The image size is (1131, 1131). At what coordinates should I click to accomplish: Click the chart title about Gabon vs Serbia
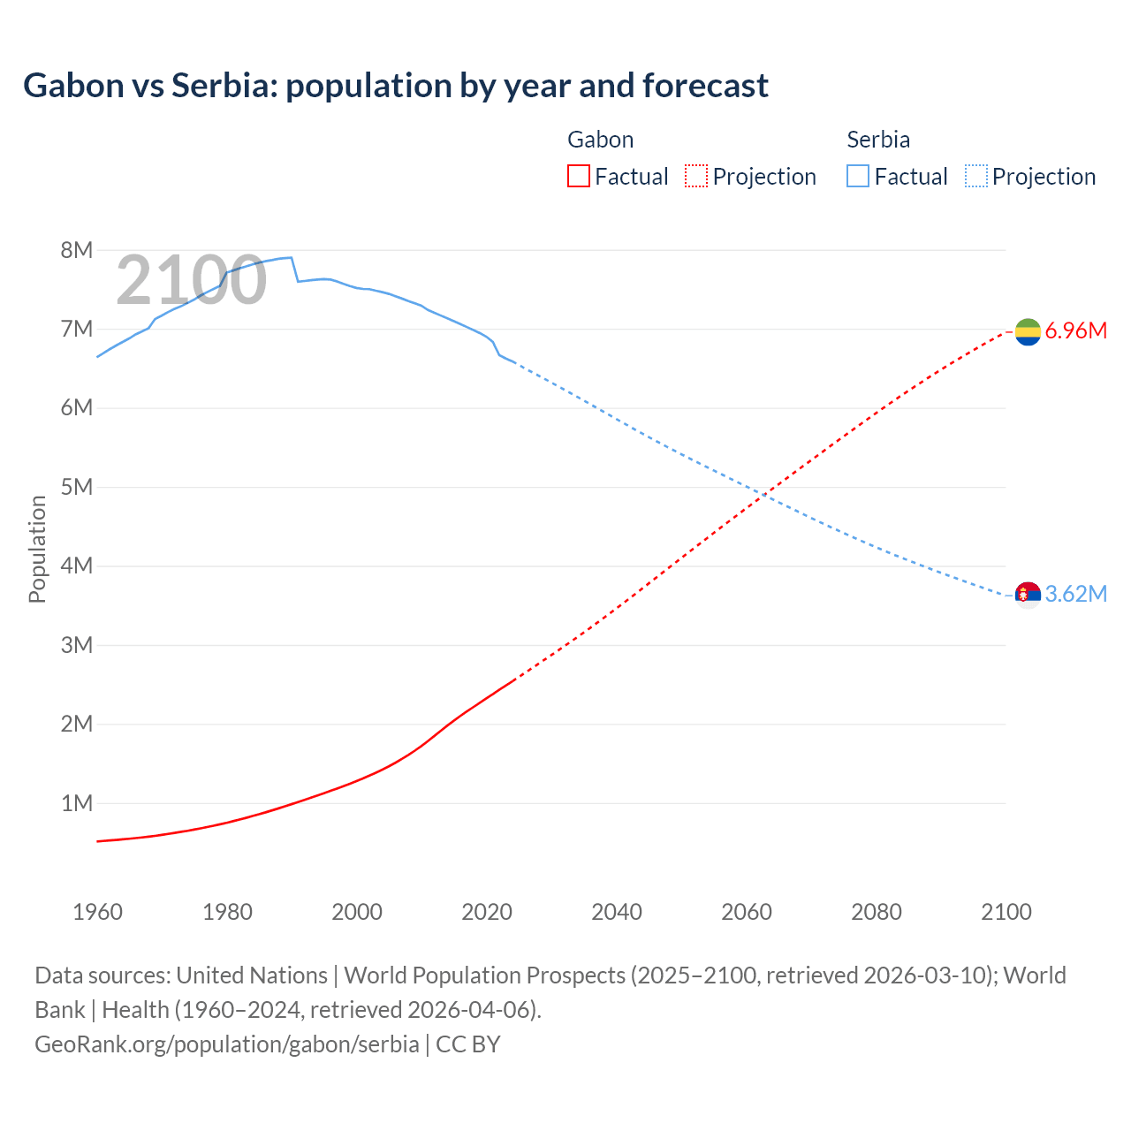click(395, 86)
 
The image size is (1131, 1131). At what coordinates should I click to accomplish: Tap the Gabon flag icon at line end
click(1028, 331)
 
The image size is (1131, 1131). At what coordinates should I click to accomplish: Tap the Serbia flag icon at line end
click(1028, 595)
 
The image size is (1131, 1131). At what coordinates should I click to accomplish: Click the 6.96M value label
click(1076, 331)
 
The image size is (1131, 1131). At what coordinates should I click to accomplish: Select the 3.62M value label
click(1076, 595)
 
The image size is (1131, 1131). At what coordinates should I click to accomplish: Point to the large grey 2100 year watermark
click(191, 280)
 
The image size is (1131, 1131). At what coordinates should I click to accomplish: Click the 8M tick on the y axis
click(77, 250)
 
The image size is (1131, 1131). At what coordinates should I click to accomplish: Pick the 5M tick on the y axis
click(77, 487)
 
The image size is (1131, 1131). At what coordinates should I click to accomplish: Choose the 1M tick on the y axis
click(77, 803)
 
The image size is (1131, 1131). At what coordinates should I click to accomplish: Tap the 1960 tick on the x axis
click(97, 912)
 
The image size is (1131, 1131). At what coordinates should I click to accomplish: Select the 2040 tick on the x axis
click(617, 912)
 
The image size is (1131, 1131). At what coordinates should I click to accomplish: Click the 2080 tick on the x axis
click(877, 912)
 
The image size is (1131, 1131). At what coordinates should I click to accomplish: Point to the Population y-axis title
click(37, 549)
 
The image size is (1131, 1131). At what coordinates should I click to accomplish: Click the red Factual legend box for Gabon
click(578, 176)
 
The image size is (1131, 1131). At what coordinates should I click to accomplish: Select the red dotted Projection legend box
click(696, 176)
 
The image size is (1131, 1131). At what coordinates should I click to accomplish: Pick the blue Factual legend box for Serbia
click(858, 176)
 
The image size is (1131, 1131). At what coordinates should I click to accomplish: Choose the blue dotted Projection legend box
click(976, 176)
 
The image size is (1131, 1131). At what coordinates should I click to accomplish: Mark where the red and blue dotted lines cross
click(765, 495)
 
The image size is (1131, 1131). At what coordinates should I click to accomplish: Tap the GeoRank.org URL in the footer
click(227, 1044)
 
